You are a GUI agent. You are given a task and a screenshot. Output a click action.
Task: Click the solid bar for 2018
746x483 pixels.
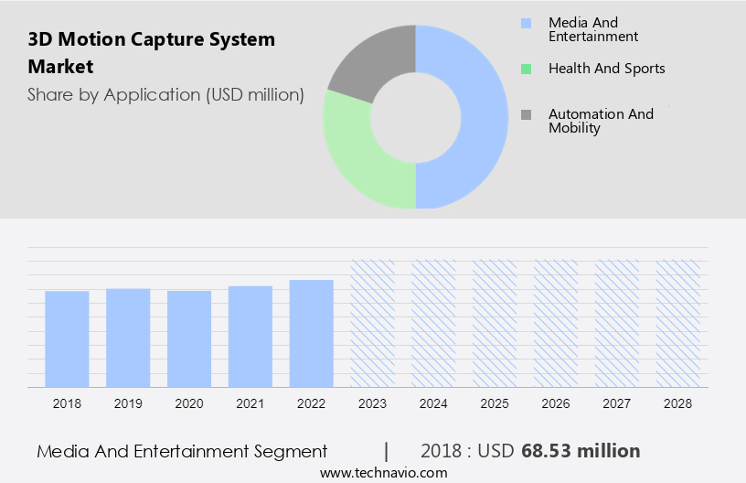click(67, 338)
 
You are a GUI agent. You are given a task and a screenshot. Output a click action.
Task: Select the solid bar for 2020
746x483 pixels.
click(189, 338)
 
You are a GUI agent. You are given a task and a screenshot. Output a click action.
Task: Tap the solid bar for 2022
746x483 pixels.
click(312, 333)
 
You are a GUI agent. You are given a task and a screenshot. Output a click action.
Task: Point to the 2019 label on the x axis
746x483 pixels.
click(128, 402)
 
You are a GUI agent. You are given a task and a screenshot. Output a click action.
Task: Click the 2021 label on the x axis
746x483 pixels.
click(250, 402)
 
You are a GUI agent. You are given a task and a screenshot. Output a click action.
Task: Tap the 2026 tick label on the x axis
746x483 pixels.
click(556, 402)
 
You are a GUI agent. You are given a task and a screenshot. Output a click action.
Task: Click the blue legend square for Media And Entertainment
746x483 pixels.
click(526, 23)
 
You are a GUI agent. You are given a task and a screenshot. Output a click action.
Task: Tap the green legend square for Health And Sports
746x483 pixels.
click(526, 69)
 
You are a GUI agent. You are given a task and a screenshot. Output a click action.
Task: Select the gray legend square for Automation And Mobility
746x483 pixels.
click(526, 114)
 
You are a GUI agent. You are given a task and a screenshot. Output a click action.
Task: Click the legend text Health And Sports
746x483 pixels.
click(606, 69)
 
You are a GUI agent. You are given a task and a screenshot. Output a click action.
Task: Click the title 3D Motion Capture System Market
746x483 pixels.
click(151, 53)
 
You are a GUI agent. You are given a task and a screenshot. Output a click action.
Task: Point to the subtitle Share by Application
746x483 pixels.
click(165, 94)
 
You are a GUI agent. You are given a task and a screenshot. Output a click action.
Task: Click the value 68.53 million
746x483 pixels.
click(581, 451)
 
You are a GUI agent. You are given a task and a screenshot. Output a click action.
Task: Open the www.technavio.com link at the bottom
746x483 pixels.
click(383, 473)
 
